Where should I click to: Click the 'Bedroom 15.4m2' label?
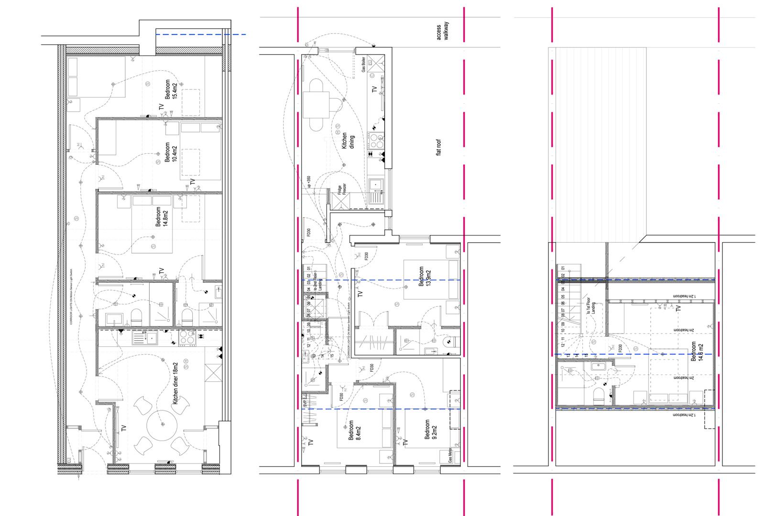171,88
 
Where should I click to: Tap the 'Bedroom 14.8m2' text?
161,217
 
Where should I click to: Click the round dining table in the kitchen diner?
162,424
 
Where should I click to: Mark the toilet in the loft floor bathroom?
598,395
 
